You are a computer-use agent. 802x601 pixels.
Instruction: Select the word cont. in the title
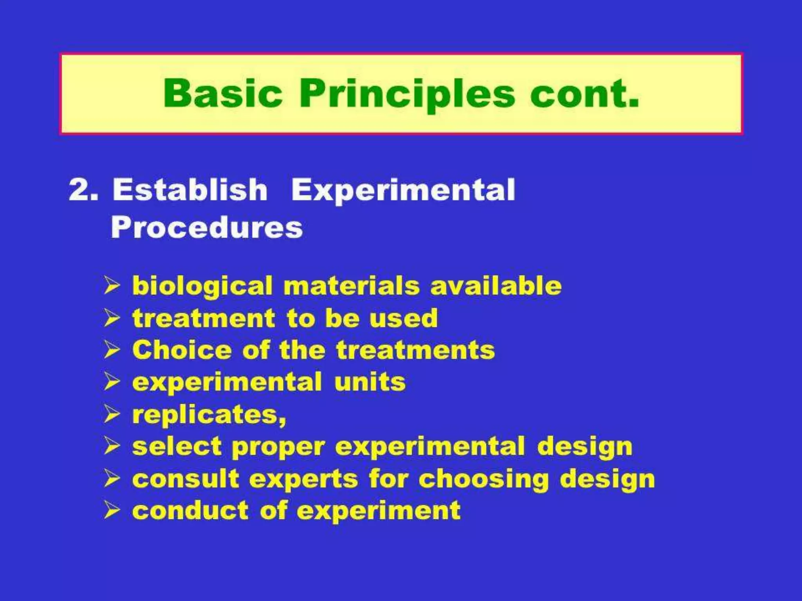(x=585, y=94)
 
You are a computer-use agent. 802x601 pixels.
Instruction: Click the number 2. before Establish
(x=83, y=190)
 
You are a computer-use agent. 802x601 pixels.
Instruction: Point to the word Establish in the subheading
(x=190, y=190)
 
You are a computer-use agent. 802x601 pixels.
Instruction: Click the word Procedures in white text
(x=207, y=227)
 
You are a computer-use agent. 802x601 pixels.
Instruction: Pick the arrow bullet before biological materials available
(x=112, y=286)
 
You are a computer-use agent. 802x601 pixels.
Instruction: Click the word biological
(x=202, y=286)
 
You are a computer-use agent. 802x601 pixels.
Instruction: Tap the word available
(x=496, y=286)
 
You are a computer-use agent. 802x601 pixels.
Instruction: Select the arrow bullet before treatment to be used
(x=112, y=318)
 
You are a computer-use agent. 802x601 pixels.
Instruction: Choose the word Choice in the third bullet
(x=182, y=350)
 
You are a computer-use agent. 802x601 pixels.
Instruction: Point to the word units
(x=370, y=382)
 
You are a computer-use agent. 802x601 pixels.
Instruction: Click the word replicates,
(x=209, y=415)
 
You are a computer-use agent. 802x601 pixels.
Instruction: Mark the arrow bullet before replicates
(x=112, y=414)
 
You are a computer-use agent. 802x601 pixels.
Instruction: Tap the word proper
(x=278, y=447)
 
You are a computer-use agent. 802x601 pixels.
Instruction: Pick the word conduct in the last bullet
(x=190, y=511)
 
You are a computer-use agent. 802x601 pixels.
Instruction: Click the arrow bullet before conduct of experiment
(x=112, y=510)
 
